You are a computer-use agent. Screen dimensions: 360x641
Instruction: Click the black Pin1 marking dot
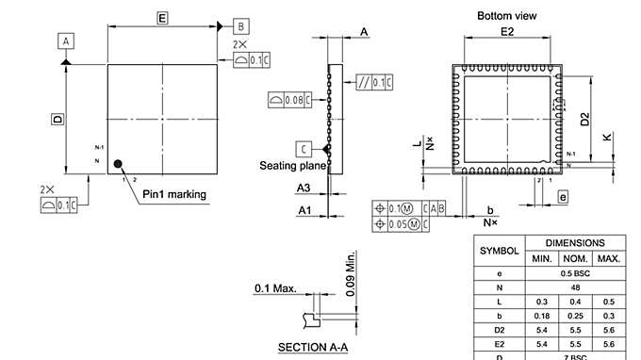tap(118, 164)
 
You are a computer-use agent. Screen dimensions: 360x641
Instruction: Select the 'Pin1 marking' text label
tap(174, 195)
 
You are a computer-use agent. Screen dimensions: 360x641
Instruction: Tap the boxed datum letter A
tap(66, 41)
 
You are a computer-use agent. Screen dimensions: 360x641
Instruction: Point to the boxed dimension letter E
tap(162, 18)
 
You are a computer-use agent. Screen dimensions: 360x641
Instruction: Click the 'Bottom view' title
tap(507, 16)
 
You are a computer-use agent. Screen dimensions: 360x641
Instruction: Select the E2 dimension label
tap(507, 32)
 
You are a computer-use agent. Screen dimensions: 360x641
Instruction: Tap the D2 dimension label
tap(585, 119)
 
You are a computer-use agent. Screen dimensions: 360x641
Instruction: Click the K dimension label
tap(608, 137)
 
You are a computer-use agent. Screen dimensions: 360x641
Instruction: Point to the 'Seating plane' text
tap(292, 166)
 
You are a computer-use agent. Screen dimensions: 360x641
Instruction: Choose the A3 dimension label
tap(304, 188)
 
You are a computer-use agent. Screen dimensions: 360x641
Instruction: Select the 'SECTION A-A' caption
tap(313, 348)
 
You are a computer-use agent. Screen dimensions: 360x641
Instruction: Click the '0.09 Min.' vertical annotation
tap(351, 274)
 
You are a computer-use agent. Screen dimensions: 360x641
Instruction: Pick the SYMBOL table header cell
tap(500, 251)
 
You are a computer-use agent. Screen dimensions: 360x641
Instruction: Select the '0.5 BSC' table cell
tap(575, 272)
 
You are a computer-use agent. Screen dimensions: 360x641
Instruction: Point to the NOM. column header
tap(575, 258)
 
